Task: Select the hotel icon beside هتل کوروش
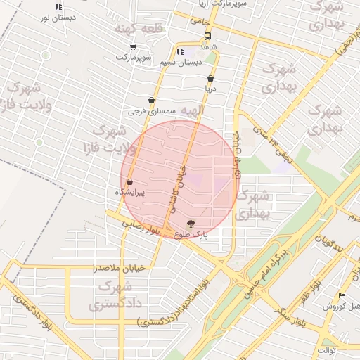coord(342,296)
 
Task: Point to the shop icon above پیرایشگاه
coord(130,181)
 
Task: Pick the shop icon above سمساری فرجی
coord(151,101)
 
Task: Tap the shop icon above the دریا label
coord(210,79)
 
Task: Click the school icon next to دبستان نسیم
coord(180,52)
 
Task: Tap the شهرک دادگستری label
coord(115,295)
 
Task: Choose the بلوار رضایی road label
coord(141,226)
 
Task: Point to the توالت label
coord(327,349)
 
